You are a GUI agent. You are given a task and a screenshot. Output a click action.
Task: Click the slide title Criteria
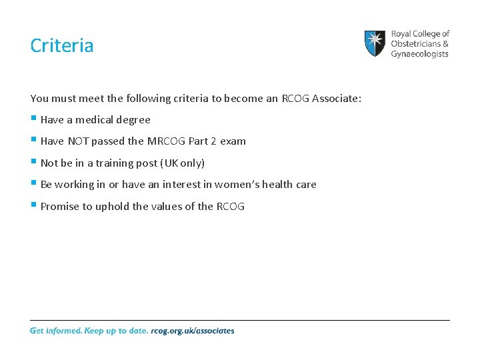click(x=62, y=46)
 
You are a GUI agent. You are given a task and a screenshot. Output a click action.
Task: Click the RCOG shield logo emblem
click(x=375, y=43)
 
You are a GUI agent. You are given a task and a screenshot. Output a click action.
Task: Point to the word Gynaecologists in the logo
click(x=419, y=53)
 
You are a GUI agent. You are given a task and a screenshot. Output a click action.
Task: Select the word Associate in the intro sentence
click(x=333, y=98)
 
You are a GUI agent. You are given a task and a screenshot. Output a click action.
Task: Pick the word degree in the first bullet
click(x=134, y=120)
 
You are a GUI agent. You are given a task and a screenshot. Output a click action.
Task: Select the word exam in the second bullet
click(x=234, y=141)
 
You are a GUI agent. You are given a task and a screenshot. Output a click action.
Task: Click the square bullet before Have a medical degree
click(x=33, y=119)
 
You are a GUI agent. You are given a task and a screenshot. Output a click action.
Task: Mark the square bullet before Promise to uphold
click(x=33, y=205)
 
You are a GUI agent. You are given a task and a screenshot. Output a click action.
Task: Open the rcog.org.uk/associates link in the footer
click(x=193, y=331)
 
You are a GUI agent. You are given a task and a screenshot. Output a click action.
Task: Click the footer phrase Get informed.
click(x=55, y=331)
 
